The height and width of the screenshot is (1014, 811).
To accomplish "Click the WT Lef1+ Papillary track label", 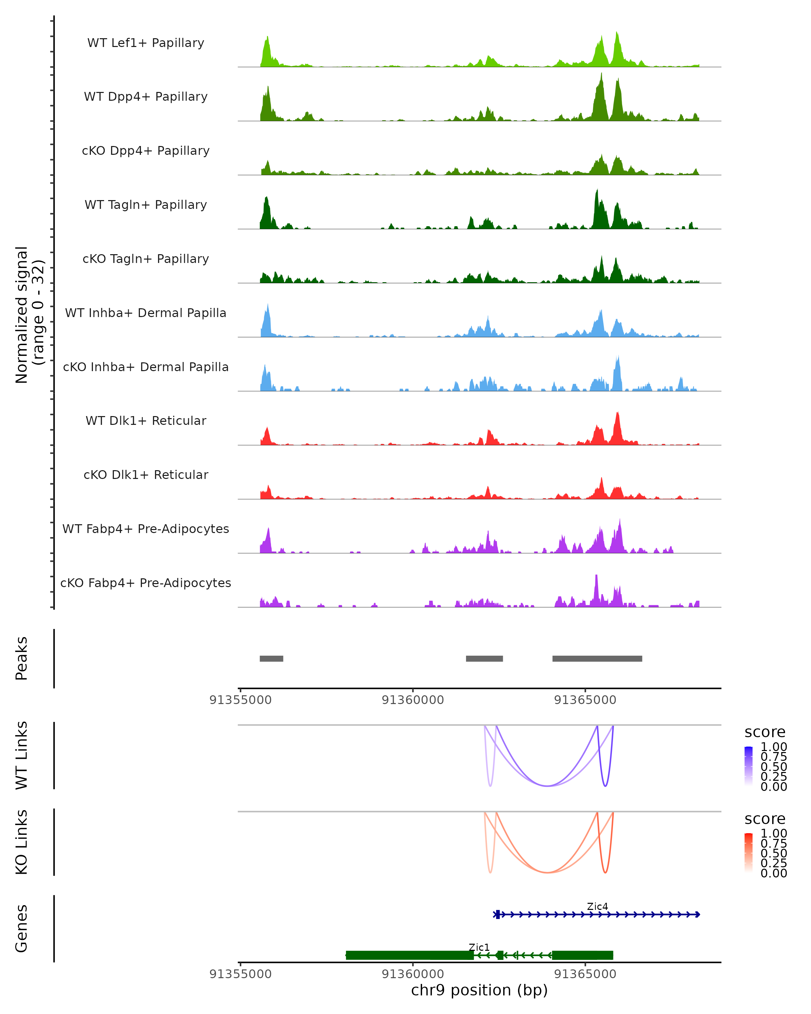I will tap(146, 43).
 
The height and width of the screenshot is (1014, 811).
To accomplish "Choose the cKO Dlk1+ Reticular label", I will tap(146, 475).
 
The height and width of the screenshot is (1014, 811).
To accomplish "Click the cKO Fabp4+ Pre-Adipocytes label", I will tap(146, 583).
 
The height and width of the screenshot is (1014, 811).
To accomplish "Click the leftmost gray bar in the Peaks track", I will tap(271, 658).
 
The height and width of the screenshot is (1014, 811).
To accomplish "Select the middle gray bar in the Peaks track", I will tap(484, 658).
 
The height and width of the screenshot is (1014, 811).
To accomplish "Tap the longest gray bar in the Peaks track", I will tap(597, 658).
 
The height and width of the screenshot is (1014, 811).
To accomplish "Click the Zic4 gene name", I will tap(597, 906).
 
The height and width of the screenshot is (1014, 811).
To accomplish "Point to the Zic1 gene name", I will tap(479, 947).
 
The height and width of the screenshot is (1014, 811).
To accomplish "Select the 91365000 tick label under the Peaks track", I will tap(585, 700).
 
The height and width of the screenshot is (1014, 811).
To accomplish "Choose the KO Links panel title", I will tap(22, 842).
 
